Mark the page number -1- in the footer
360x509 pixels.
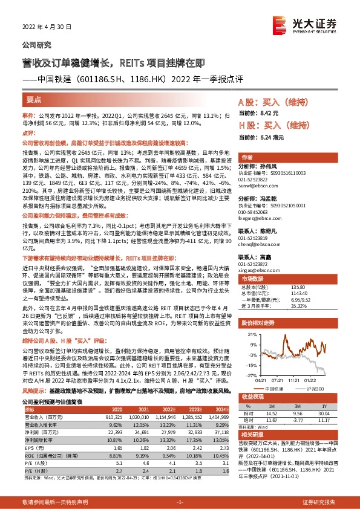[179, 502]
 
